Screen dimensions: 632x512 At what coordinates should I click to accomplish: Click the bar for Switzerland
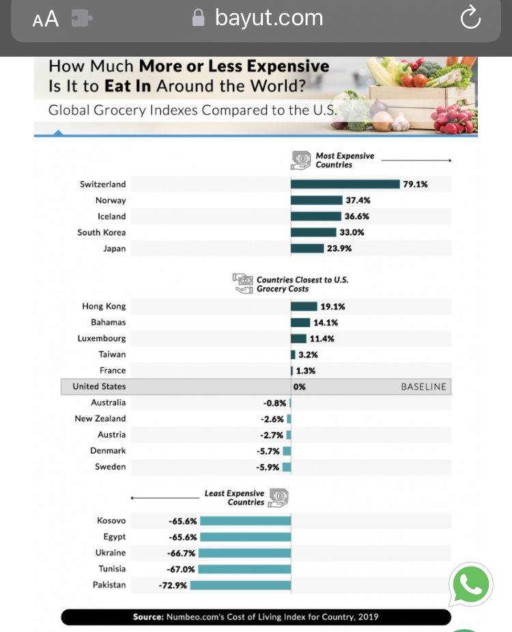click(345, 184)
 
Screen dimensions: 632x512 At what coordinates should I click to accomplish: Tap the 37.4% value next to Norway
click(358, 200)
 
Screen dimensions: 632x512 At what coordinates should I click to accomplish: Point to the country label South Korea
click(102, 233)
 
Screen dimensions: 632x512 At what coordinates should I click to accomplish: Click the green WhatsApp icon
click(471, 585)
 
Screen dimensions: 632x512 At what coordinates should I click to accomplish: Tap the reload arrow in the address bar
click(470, 19)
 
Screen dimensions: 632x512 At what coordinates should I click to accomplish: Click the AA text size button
click(46, 20)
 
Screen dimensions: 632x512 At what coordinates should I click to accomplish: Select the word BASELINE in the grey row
click(423, 386)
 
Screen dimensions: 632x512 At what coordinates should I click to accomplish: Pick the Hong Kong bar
click(304, 306)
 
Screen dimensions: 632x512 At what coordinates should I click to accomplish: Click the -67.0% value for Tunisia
click(181, 569)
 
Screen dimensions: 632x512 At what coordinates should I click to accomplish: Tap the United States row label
click(99, 386)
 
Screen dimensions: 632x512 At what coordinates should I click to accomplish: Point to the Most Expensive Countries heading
click(345, 160)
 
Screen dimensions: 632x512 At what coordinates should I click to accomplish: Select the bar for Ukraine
click(244, 553)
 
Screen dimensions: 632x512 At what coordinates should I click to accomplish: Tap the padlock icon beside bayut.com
click(199, 18)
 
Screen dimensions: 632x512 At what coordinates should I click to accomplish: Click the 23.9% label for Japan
click(339, 248)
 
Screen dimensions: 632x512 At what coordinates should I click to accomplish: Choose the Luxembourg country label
click(102, 339)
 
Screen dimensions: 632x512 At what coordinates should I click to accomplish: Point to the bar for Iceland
click(316, 216)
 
